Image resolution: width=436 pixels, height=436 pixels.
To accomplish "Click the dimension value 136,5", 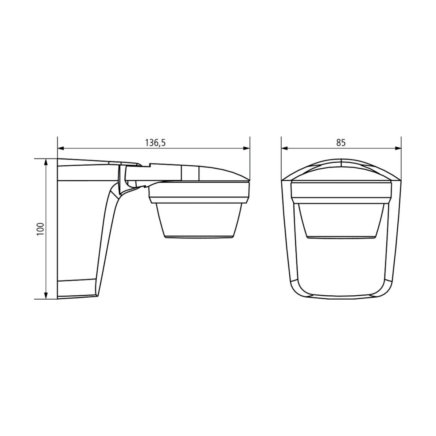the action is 155,143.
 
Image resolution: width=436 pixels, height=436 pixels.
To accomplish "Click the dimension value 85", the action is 340,143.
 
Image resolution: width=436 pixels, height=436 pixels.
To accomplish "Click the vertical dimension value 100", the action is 41,229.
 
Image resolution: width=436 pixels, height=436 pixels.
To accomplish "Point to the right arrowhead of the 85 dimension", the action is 398,148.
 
